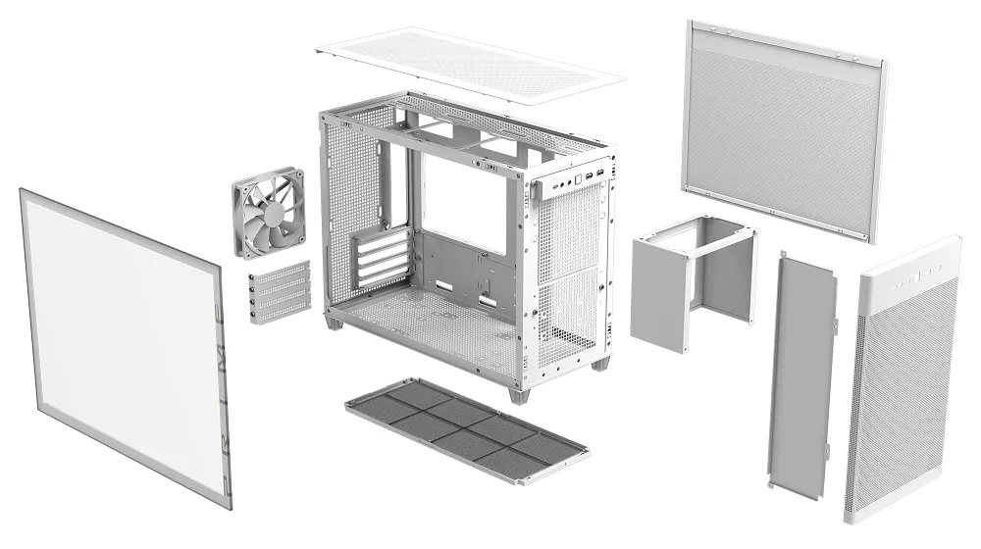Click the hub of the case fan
click(269, 212)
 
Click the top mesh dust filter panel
click(470, 65)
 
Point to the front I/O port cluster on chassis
click(579, 179)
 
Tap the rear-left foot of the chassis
click(335, 322)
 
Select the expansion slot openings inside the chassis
click(384, 259)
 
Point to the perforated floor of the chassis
click(432, 324)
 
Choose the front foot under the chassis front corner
click(519, 394)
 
